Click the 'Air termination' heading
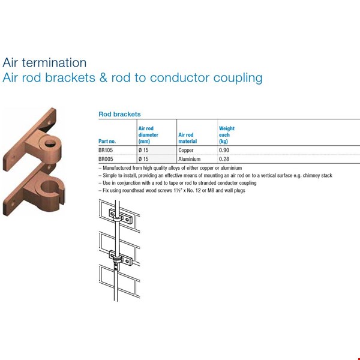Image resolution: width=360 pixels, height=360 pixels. pos(44,62)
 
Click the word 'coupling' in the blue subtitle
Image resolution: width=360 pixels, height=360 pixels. pos(238,78)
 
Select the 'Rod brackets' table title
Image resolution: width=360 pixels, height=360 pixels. pos(119,114)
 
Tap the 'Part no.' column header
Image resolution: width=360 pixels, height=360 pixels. pos(107,141)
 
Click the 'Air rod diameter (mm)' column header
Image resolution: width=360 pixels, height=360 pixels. pos(148,135)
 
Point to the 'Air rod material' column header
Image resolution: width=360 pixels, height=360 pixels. pos(188,138)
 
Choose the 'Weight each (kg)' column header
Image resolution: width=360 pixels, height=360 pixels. pos(227,135)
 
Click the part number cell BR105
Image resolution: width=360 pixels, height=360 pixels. pos(106,150)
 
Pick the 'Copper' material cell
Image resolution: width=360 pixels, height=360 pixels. pos(186,150)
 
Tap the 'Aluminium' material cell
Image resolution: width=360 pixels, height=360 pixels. pos(189,159)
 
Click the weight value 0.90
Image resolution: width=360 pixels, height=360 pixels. pos(224,150)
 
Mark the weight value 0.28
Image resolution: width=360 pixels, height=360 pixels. pos(224,159)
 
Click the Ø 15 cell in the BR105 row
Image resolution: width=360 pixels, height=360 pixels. pos(143,150)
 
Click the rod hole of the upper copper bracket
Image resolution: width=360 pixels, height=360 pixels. pos(50,143)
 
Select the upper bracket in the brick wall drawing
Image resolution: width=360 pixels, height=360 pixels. pos(121,216)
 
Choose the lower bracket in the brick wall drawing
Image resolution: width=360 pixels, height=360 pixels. pos(121,257)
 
